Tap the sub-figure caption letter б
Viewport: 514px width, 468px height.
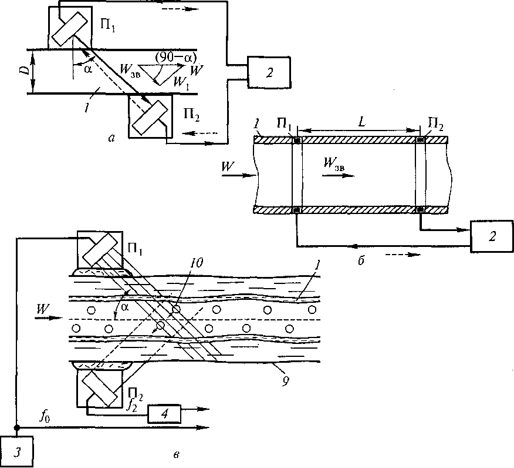[x=360, y=259]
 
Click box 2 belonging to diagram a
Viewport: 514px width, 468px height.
[x=268, y=73]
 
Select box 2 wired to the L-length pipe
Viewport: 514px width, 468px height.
[x=492, y=236]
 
